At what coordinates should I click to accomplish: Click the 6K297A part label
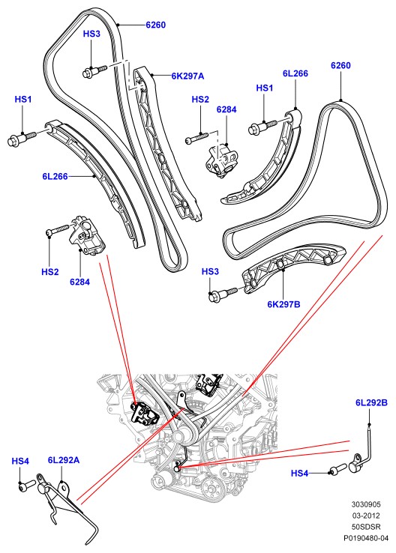tap(187, 76)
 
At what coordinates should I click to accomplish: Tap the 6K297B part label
tap(283, 304)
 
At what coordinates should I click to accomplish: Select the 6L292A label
tap(64, 460)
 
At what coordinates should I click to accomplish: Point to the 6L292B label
tap(371, 402)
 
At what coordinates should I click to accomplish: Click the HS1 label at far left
tap(23, 99)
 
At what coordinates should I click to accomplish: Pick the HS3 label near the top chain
tap(91, 34)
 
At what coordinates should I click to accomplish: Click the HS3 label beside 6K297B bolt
tap(210, 271)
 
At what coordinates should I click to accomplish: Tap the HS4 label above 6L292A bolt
tap(20, 461)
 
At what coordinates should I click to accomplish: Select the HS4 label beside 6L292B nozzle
tap(299, 474)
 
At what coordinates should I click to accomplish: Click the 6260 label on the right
tap(340, 65)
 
